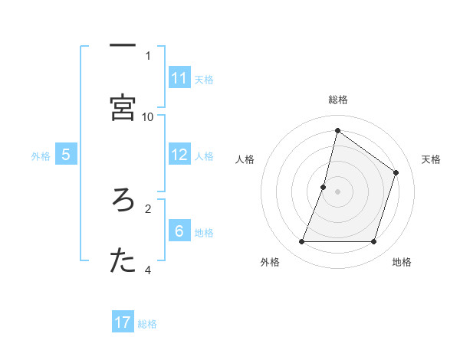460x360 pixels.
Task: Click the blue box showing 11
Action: coord(179,78)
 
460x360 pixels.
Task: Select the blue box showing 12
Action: coord(179,155)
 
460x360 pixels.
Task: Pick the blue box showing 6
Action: coord(179,231)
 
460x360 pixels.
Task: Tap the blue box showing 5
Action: coord(66,155)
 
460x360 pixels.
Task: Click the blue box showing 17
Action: coord(123,322)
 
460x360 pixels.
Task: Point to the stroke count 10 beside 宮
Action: coord(148,116)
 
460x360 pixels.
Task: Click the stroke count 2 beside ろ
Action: coord(148,207)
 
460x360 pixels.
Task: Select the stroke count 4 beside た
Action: coord(148,270)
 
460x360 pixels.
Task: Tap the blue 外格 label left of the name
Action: coord(41,155)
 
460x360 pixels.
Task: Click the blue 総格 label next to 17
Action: coord(147,324)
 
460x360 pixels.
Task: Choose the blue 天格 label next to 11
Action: coord(204,79)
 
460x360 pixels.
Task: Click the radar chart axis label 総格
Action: coord(337,100)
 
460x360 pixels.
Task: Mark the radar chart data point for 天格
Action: coord(396,172)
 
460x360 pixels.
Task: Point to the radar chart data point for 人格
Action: coord(324,187)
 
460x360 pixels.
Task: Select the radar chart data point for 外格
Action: coord(301,242)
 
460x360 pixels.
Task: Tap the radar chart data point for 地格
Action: coord(374,242)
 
